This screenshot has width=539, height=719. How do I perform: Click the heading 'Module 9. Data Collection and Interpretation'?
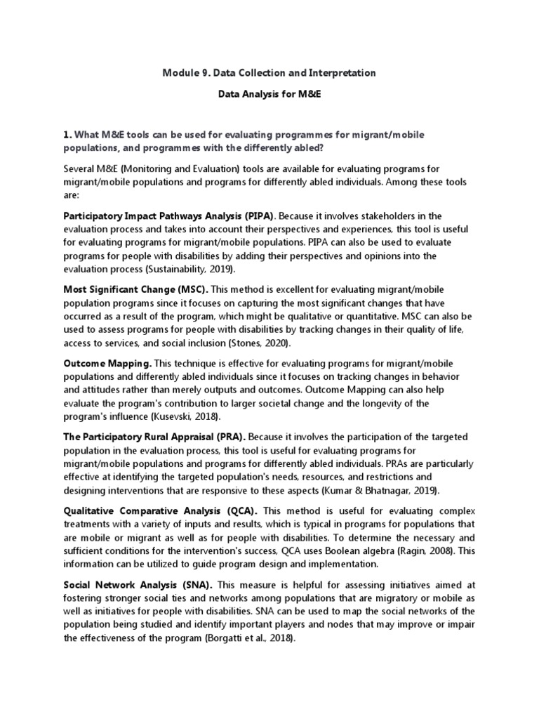[269, 73]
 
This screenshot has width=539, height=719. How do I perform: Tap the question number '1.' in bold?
[67, 134]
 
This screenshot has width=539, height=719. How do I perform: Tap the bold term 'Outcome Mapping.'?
[107, 364]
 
